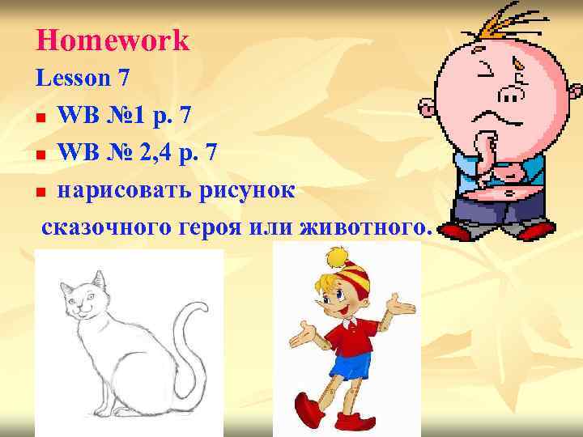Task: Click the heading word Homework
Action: (113, 40)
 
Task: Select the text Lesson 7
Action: (83, 78)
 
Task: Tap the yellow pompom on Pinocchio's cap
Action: (335, 257)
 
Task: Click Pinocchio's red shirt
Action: (350, 336)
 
